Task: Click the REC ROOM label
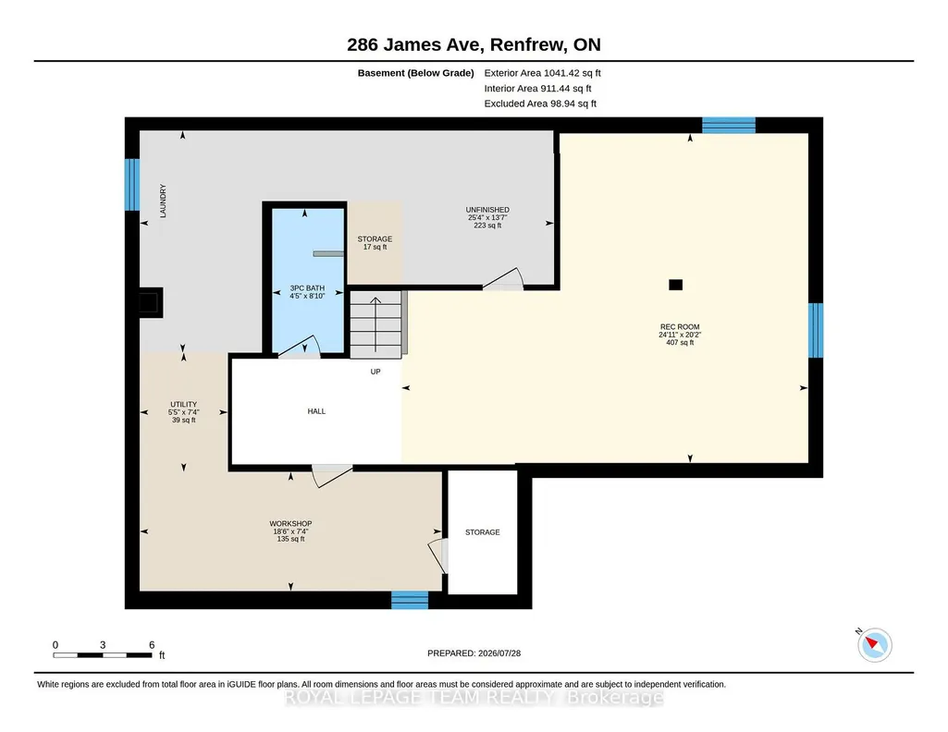coord(680,327)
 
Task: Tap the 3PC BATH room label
coord(307,288)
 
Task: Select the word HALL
coord(316,411)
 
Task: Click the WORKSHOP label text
coord(290,524)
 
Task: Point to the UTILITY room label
coord(184,404)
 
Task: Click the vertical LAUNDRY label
coord(163,201)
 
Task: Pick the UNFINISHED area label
coord(487,210)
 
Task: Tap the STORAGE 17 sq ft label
coord(375,243)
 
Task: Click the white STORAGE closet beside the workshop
coord(483,532)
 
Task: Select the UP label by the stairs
coord(376,372)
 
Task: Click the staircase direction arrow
coord(376,324)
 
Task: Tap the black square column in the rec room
coord(675,285)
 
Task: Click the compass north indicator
coord(874,644)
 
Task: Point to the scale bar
coord(103,654)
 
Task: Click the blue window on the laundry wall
coord(132,185)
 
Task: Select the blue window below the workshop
coord(410,600)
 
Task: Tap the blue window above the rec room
coord(729,125)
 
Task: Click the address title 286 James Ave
coord(414,44)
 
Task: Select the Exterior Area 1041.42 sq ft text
coord(542,73)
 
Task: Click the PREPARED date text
coord(474,653)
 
